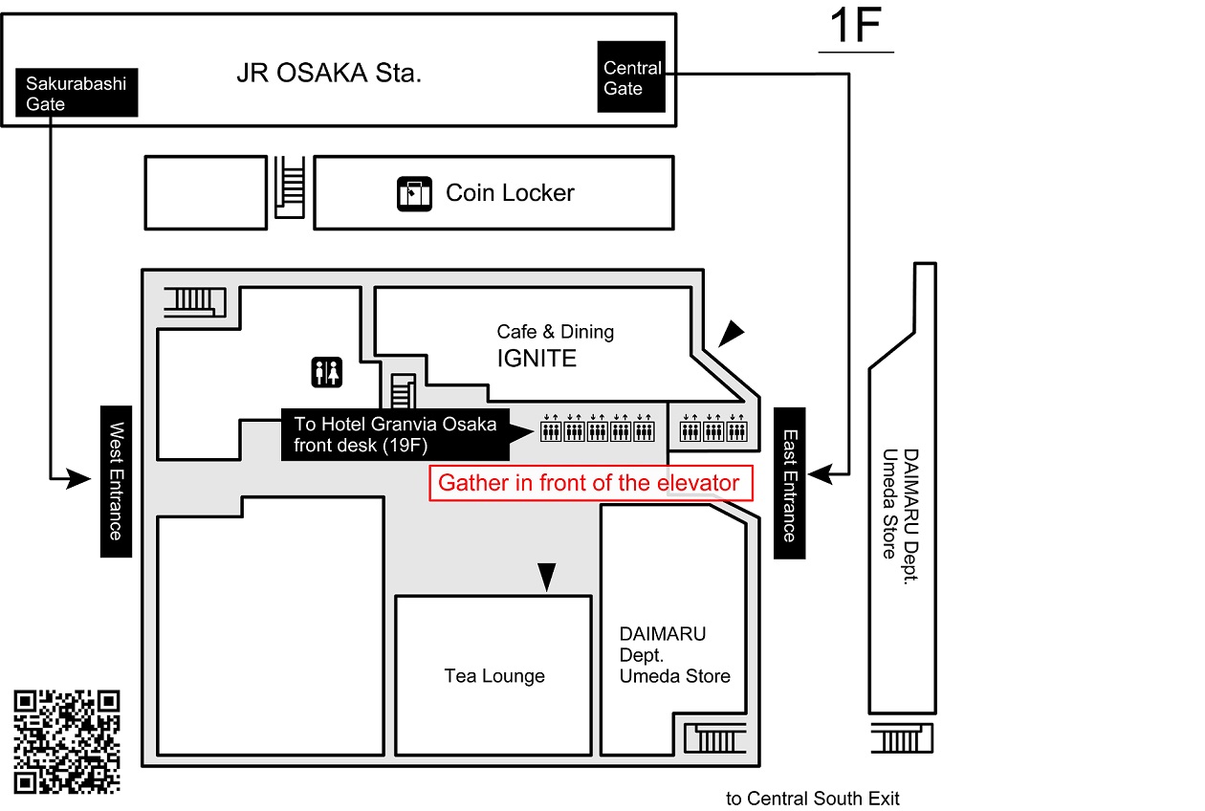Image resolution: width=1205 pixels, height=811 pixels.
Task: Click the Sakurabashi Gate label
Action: [77, 93]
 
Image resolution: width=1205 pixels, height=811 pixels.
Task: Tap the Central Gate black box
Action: [631, 77]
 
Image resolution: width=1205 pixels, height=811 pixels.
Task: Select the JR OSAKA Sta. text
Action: [328, 75]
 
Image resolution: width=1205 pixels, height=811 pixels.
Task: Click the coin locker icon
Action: [415, 193]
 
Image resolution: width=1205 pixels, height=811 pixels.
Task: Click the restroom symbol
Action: [327, 372]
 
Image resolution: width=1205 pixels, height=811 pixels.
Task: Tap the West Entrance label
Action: [116, 481]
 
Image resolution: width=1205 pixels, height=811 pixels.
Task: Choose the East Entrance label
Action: [789, 483]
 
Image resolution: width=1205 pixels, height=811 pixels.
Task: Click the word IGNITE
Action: [536, 359]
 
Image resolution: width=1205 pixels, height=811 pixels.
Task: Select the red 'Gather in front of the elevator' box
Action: [590, 483]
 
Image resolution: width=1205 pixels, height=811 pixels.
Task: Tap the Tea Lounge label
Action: [494, 676]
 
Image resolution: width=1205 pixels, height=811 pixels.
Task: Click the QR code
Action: [68, 741]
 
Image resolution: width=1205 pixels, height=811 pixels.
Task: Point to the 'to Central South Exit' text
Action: [812, 799]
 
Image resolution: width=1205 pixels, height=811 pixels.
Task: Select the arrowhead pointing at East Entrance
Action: [817, 472]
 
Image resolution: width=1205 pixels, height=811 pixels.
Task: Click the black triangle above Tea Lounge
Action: [546, 576]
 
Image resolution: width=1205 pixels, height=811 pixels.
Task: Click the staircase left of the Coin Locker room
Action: [289, 188]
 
